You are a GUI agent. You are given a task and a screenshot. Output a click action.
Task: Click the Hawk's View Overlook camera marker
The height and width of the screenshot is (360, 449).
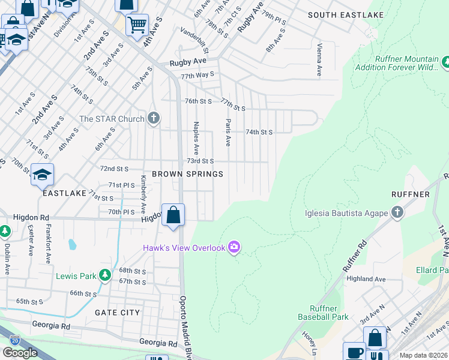coord(234,247)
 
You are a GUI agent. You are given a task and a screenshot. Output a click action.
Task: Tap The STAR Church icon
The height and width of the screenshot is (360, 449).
coord(154,118)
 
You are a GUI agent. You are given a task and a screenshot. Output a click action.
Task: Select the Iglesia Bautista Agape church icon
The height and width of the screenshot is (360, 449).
coord(397,212)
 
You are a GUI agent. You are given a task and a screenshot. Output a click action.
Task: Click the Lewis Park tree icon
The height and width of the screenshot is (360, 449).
coord(106,275)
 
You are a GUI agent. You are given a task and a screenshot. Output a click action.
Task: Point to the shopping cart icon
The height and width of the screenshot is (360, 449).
coord(137,25)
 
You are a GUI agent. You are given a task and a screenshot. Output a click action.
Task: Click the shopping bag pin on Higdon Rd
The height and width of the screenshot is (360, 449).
coord(173,215)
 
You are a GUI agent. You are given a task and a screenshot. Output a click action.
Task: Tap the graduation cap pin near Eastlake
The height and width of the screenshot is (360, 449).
coord(42,175)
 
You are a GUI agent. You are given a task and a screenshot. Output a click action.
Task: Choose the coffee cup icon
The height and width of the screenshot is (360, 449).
coord(354,352)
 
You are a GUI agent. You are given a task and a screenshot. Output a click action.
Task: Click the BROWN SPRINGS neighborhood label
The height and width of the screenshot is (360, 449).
coord(187,174)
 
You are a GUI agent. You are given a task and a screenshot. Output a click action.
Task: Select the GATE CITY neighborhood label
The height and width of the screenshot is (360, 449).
coord(117,313)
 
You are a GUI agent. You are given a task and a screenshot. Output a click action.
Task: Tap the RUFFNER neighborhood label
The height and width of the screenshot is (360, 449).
coord(410,194)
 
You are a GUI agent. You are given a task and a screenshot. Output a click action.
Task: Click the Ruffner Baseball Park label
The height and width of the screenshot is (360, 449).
coord(323,312)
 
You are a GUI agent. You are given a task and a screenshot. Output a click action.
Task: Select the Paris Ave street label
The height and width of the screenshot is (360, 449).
coord(228,132)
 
